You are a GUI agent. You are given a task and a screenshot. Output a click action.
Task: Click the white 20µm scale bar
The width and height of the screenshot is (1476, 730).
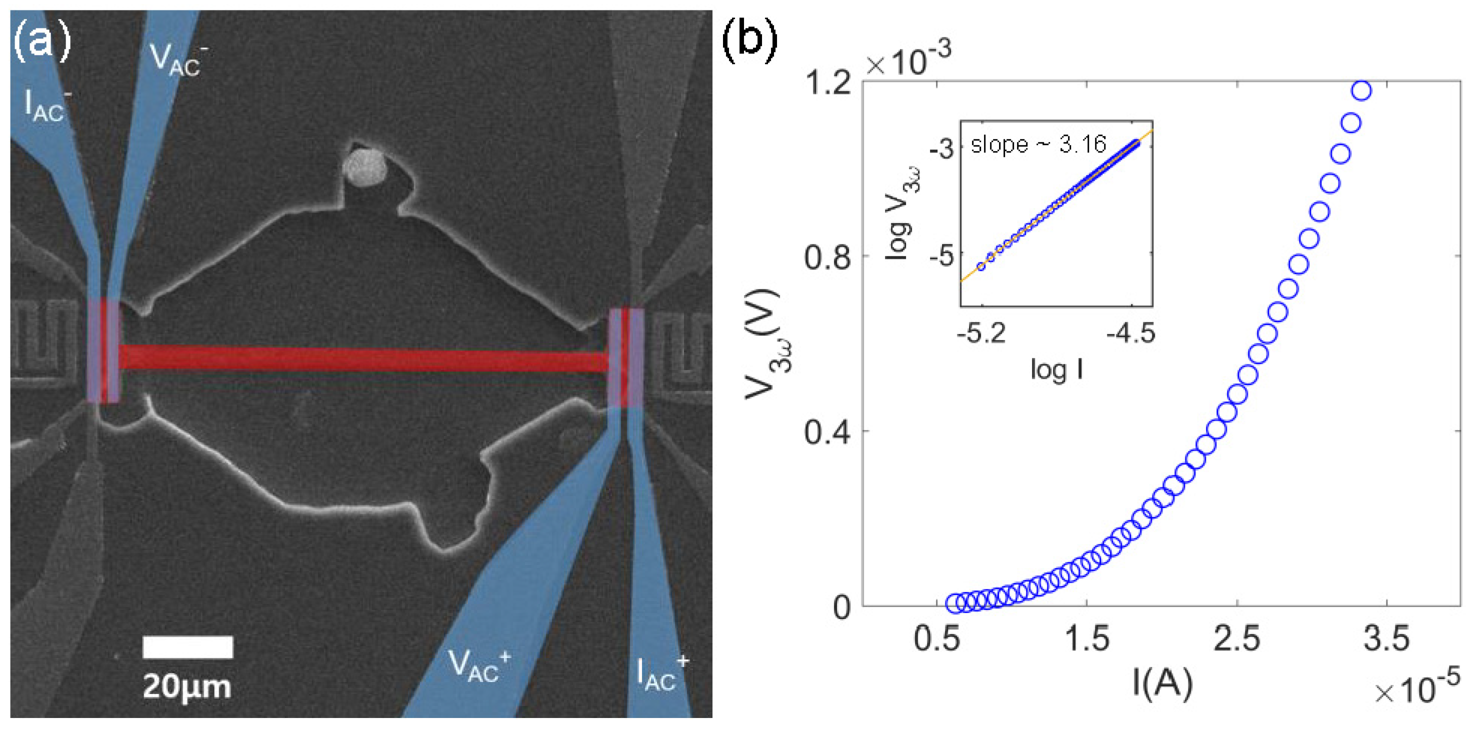pos(187,647)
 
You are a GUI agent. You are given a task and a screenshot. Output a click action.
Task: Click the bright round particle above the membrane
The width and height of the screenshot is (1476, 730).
pos(365,167)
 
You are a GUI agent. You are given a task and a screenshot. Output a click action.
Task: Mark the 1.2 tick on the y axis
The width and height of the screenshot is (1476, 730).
pos(827,83)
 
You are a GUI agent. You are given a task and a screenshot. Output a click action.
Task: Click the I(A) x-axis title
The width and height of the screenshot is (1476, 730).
pos(1162,682)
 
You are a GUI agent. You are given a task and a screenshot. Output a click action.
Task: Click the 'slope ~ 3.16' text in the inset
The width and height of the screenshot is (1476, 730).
pos(1037,144)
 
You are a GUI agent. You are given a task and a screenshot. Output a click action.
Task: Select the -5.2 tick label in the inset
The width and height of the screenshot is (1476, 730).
pos(981,333)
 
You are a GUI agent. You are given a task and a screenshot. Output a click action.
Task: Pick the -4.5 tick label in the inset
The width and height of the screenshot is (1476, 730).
pos(1130,333)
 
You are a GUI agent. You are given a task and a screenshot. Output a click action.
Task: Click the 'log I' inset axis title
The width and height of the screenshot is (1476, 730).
pos(1057,369)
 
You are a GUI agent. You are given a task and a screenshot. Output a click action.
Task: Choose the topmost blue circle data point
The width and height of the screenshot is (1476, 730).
pos(1361,90)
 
